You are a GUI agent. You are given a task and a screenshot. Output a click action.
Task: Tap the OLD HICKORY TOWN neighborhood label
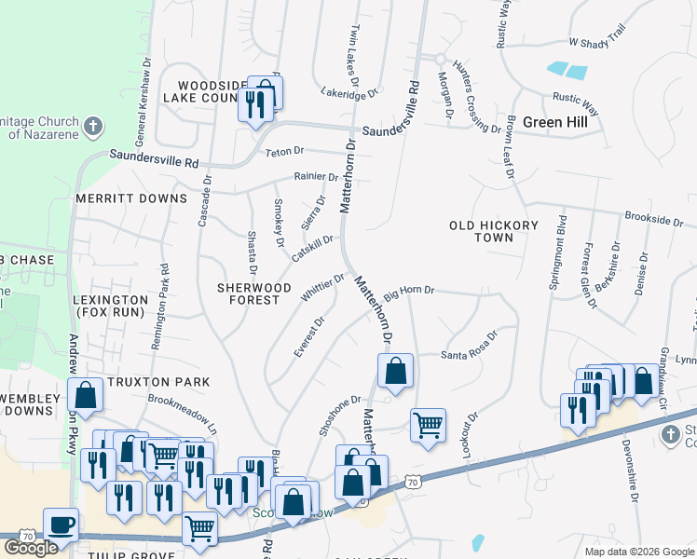coord(493,231)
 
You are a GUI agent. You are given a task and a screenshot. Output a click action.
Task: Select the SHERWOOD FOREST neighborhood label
coord(254,293)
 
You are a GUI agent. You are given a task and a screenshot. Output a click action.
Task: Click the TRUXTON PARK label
coord(158,382)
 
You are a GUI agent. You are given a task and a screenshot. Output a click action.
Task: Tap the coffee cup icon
coord(61,525)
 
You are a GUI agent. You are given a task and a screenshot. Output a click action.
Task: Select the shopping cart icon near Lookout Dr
coord(428,426)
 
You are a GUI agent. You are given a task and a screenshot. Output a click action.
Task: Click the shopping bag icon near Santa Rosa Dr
coord(395,371)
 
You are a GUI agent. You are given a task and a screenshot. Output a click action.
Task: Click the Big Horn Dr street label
coord(410,291)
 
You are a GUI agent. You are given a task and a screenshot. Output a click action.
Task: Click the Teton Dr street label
coord(284,151)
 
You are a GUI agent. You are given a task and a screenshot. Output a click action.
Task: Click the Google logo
coord(31,548)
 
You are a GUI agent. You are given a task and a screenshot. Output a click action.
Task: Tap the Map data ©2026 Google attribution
coord(638,552)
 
